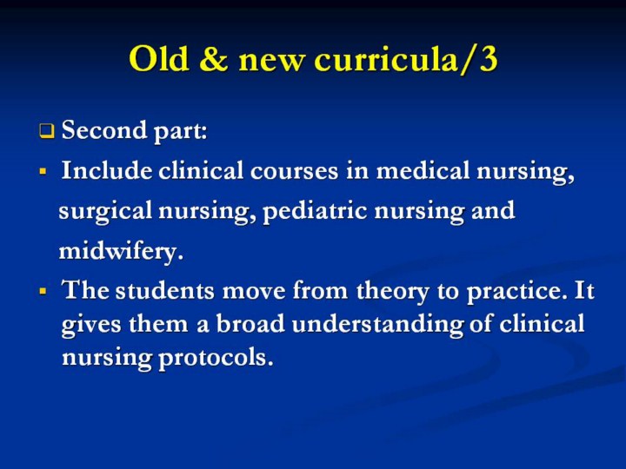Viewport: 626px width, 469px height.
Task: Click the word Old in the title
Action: [x=159, y=58]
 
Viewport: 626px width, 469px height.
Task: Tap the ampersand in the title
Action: [x=214, y=59]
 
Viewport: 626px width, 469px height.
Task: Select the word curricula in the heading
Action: [x=386, y=59]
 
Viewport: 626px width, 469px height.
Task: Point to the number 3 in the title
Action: [x=489, y=59]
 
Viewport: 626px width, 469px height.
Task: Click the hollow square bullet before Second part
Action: [x=46, y=131]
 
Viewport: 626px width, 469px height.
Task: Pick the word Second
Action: [x=103, y=129]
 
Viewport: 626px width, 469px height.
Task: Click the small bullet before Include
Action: [x=43, y=172]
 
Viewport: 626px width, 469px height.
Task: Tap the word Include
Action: [x=107, y=171]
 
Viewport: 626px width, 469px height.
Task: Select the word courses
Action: [x=294, y=171]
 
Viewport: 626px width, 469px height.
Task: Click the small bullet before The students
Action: [x=43, y=291]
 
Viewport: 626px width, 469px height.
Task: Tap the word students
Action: [x=165, y=290]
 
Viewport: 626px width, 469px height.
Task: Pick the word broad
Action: [x=250, y=323]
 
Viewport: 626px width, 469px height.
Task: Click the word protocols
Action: [x=216, y=358]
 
